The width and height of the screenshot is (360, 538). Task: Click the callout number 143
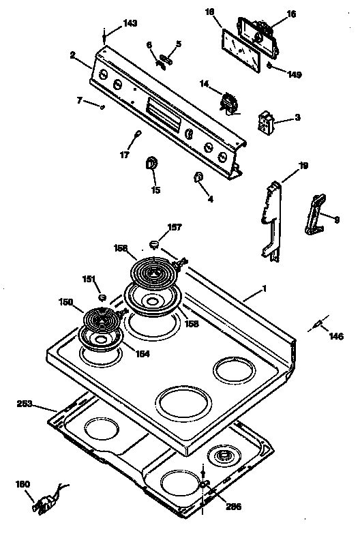click(130, 23)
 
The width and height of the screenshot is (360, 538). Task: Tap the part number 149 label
click(293, 74)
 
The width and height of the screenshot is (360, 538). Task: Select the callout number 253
click(25, 404)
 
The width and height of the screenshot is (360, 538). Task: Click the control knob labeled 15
click(152, 164)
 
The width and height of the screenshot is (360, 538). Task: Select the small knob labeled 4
click(197, 178)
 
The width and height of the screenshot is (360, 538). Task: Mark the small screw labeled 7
click(102, 106)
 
